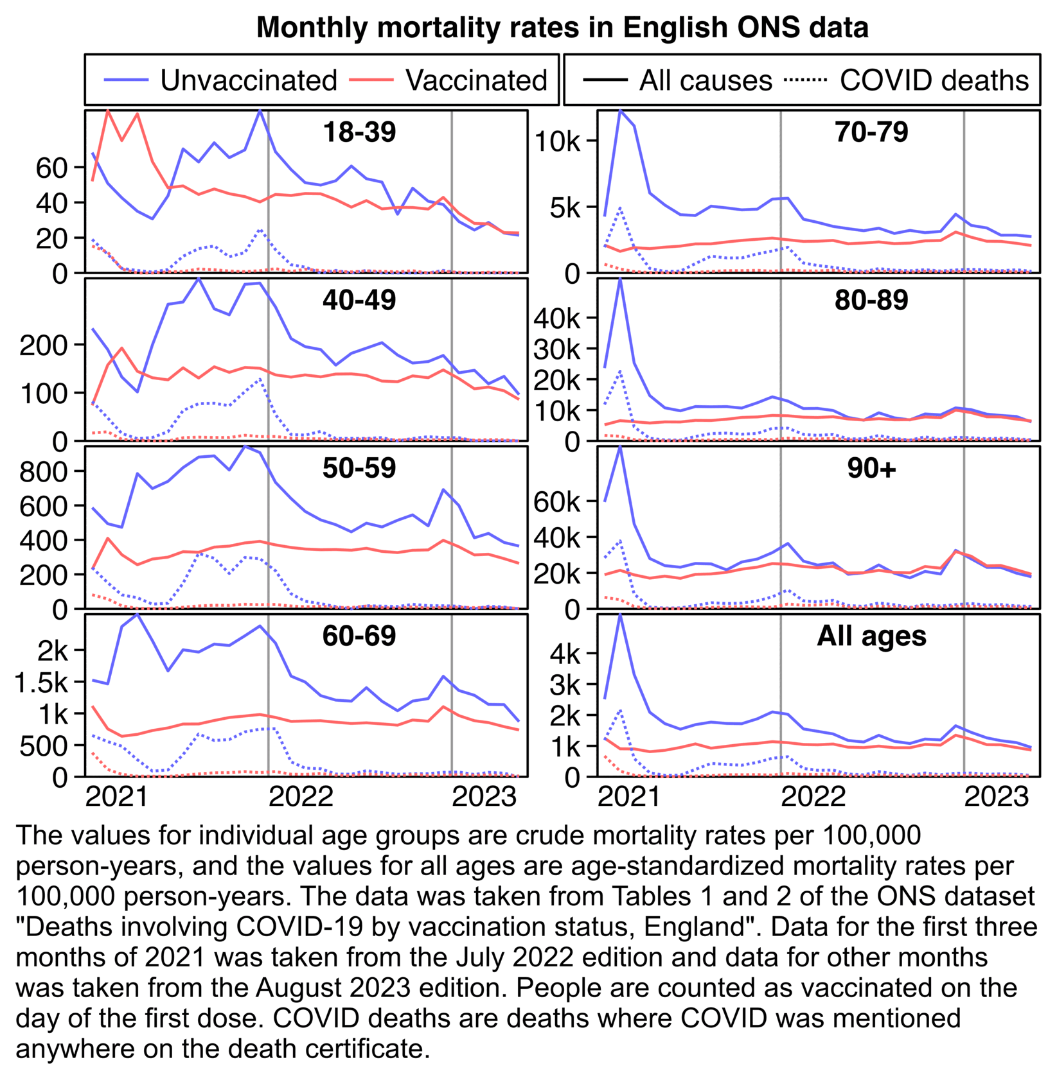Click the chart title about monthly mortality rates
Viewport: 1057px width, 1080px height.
562,28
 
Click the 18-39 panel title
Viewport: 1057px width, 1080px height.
359,132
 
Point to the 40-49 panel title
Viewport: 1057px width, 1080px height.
359,300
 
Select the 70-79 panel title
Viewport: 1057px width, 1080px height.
871,132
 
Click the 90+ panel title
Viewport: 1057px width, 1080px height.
871,468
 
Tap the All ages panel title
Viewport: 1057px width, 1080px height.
871,636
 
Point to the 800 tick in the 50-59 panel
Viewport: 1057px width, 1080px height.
44,472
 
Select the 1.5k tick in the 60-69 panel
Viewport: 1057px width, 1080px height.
41,683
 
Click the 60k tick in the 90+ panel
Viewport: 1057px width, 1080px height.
557,502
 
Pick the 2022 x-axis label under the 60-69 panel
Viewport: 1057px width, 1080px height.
301,797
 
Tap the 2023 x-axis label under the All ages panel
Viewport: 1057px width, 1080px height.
997,797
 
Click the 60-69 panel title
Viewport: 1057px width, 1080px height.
359,636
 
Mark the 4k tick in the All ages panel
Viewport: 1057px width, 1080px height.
565,654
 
